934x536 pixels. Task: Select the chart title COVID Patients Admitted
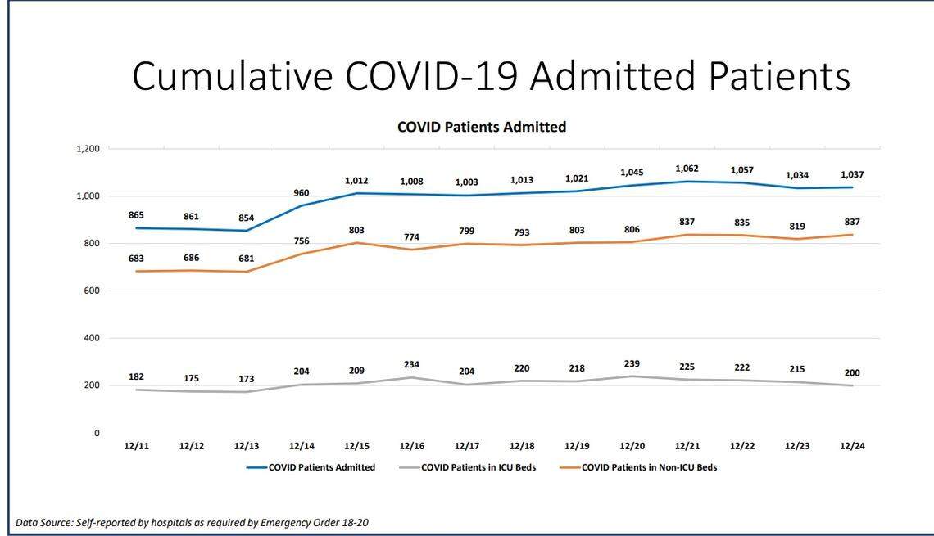click(x=482, y=127)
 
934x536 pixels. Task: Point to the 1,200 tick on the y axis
click(x=88, y=149)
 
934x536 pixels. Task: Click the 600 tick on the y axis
click(x=92, y=291)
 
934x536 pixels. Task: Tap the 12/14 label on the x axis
click(x=302, y=446)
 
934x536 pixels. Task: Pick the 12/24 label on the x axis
click(x=852, y=446)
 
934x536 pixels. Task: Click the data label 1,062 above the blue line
click(x=687, y=169)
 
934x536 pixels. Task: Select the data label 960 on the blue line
click(x=302, y=193)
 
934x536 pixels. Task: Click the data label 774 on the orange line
click(x=411, y=237)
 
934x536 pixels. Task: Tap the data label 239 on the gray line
click(x=632, y=363)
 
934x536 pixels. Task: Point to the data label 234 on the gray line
click(x=411, y=365)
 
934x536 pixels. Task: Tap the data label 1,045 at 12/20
click(x=632, y=173)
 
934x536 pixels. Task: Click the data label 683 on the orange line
click(x=136, y=258)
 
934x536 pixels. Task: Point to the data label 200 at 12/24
click(x=852, y=372)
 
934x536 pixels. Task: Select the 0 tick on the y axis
click(x=97, y=433)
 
